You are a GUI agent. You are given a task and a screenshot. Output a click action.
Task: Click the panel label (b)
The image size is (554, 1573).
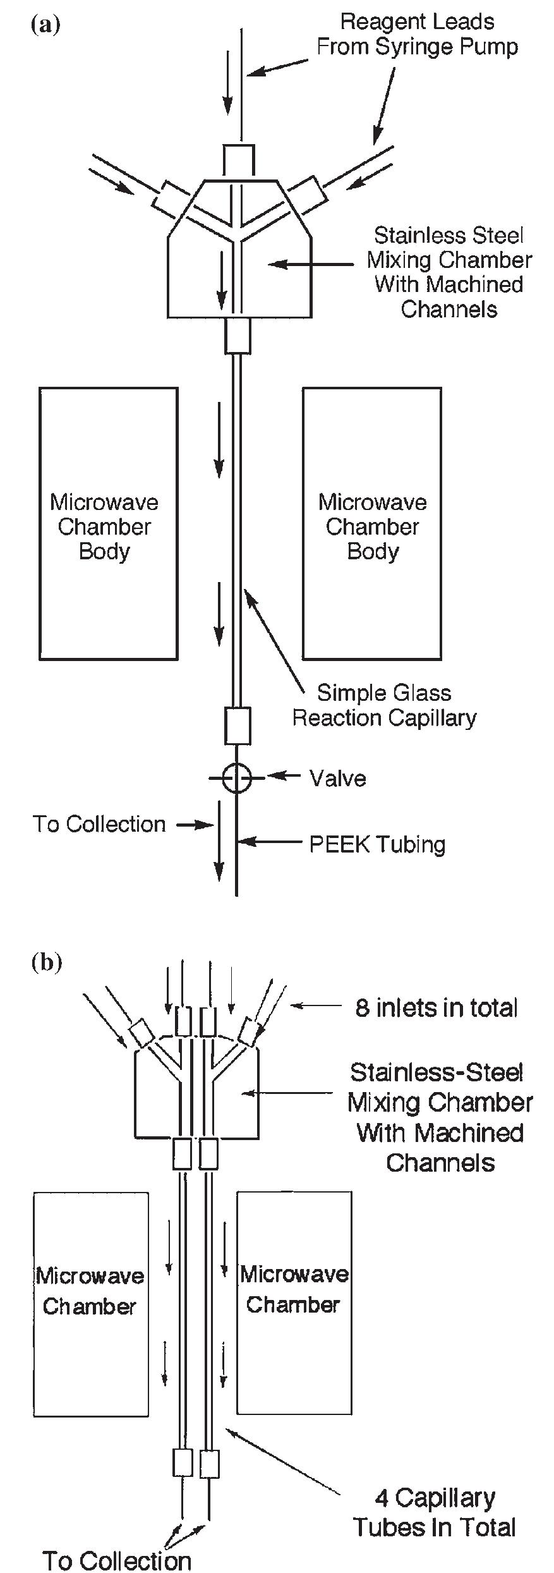46,962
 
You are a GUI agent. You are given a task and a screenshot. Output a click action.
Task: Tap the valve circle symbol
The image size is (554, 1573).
236,778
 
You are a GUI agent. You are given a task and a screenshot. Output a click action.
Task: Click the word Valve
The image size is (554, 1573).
337,778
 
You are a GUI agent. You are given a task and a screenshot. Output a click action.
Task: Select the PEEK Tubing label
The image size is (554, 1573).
376,844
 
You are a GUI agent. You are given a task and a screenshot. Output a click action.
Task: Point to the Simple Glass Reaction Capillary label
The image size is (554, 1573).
384,705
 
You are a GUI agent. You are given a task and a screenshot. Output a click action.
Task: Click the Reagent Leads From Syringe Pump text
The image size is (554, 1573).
417,34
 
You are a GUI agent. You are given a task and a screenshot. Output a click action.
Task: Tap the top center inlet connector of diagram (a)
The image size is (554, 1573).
240,159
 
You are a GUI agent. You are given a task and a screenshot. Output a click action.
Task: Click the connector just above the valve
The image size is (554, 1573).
238,726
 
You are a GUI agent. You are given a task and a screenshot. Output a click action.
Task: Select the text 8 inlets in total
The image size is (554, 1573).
436,1008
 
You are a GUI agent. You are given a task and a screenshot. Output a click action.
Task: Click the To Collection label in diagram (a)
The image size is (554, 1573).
99,824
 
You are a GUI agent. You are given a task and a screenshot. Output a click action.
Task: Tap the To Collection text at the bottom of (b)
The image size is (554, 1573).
117,1560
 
